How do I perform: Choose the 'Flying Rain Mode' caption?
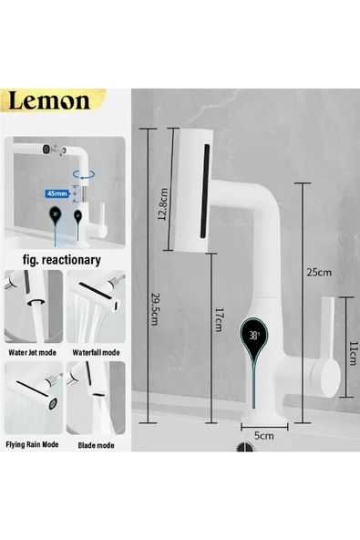coord(34,444)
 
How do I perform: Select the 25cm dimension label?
coord(318,271)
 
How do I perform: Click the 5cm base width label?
coord(263,436)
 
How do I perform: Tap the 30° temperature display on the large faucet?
coord(255,335)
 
